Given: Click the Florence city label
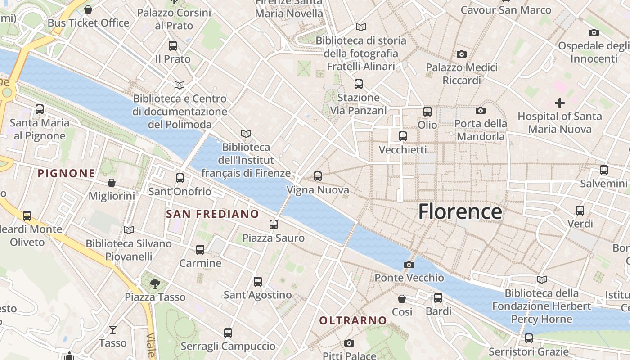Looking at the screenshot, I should coord(460,211).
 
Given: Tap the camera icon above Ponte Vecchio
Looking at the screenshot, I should coord(409,265).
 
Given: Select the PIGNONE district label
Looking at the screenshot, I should coord(66,173).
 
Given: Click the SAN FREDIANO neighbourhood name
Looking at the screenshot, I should coord(212,214).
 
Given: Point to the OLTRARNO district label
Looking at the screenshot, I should coord(353,320).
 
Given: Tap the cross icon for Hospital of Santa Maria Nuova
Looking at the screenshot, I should coord(559,103).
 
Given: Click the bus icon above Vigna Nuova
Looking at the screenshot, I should coord(318,176).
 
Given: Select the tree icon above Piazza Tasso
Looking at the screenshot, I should coord(155,283).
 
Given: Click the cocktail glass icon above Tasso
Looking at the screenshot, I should coord(112,330).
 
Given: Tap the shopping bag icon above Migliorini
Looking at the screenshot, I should coord(112,183).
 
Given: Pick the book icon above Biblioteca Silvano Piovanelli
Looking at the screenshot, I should coord(129,230).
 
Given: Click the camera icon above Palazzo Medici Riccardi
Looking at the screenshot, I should coord(461,54).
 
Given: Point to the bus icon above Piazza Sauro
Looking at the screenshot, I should coord(274,225).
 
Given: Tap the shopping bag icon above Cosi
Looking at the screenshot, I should coord(402,299).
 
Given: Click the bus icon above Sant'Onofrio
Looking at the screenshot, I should coord(180,178).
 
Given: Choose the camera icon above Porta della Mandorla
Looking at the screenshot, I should coord(480,110).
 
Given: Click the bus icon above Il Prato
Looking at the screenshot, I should coord(173,46).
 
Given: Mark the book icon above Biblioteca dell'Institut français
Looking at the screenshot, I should coord(246,134).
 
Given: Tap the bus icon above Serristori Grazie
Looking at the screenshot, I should coord(529,338).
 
